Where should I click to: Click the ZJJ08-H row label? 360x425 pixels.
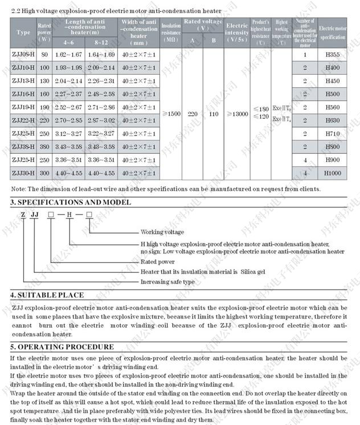[x=23, y=54]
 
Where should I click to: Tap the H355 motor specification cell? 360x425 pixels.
[x=332, y=54]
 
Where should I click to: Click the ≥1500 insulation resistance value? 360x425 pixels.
[x=170, y=114]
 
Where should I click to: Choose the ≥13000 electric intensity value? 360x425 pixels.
[x=236, y=114]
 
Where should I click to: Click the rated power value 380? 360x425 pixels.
[x=44, y=146]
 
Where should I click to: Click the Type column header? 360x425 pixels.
[x=23, y=32]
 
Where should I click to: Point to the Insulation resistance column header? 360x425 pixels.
[x=170, y=32]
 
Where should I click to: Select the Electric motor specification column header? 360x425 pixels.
[x=332, y=32]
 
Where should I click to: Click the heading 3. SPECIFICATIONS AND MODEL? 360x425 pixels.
[x=71, y=202]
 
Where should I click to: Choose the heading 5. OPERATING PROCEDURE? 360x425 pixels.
[x=62, y=347]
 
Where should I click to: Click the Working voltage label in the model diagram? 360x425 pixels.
[x=162, y=232]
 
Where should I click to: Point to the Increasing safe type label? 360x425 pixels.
[x=167, y=281]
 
